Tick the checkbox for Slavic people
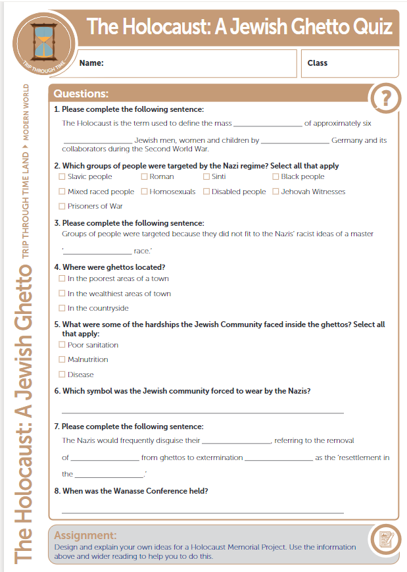coord(62,176)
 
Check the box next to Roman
coord(144,176)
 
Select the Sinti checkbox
coord(206,176)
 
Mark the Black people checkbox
coord(275,176)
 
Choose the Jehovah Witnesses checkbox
coord(275,192)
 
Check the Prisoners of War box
coord(62,206)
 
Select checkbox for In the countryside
coord(62,308)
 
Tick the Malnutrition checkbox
coord(62,359)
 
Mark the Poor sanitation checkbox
coord(62,345)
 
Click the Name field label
coord(91,63)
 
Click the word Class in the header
coord(317,63)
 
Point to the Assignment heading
coord(85,535)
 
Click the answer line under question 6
coord(203,413)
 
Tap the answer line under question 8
coord(203,511)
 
